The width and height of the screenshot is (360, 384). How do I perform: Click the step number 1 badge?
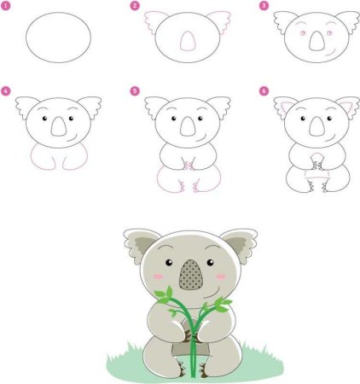point(7,6)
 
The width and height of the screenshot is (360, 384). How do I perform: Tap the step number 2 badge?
point(134,6)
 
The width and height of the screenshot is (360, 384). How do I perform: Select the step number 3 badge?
point(264,6)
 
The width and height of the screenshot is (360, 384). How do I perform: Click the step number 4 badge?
point(7,90)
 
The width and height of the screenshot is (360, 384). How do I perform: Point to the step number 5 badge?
point(134,90)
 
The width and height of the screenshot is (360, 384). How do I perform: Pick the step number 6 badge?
point(264,90)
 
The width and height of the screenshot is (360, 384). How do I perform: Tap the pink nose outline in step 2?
point(186,41)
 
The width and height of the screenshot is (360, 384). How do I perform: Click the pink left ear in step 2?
point(155,20)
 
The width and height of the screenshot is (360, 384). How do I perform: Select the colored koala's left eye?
point(168,261)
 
